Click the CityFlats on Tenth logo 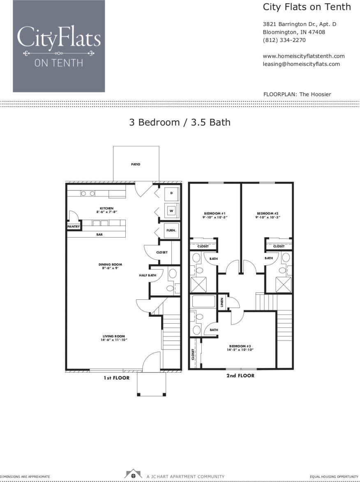pos(59,46)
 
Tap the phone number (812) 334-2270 pos(284,40)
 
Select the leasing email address pos(301,64)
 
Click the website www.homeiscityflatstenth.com pos(303,56)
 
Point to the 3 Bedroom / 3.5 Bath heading pos(180,122)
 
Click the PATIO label pos(136,164)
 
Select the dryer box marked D pos(171,193)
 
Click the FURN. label pos(171,231)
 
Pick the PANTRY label pos(74,226)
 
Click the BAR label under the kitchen pos(99,234)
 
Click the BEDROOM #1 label pos(215,213)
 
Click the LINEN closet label pos(222,302)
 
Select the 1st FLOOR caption pos(116,378)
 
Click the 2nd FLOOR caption pos(240,375)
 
